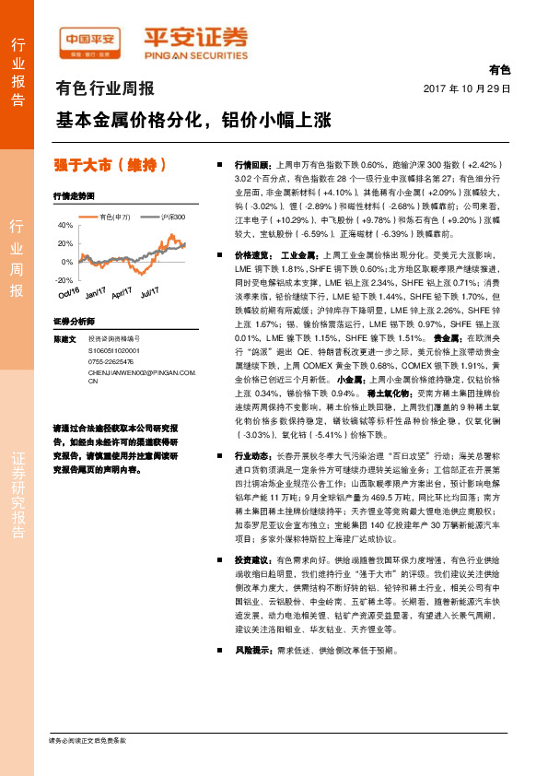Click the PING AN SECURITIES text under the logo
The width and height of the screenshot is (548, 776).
click(x=196, y=53)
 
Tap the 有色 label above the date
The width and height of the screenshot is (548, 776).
click(x=498, y=71)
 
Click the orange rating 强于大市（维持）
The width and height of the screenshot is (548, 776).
click(x=110, y=166)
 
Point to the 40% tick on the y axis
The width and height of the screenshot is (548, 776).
click(x=64, y=226)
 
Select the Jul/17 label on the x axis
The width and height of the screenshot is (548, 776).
click(x=149, y=293)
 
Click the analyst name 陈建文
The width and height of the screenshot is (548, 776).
click(x=64, y=339)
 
